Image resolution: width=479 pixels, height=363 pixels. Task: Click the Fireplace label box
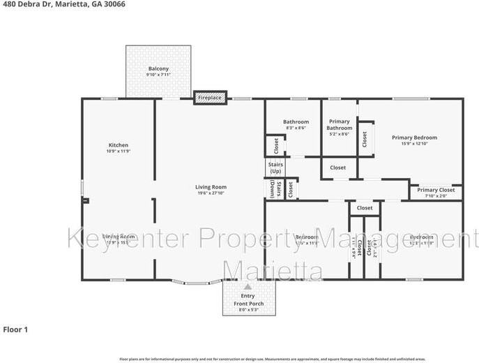pyautogui.click(x=209, y=98)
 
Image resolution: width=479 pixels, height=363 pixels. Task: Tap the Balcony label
pyautogui.click(x=158, y=68)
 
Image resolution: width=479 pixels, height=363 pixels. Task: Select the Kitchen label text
pyautogui.click(x=118, y=145)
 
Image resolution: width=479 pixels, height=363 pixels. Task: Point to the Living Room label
pyautogui.click(x=210, y=186)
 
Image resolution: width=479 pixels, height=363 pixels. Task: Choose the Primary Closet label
pyautogui.click(x=436, y=190)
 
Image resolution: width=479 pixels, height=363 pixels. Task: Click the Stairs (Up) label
pyautogui.click(x=275, y=168)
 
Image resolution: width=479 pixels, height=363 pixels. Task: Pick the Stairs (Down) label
pyautogui.click(x=273, y=189)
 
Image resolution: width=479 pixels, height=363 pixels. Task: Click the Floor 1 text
pyautogui.click(x=15, y=329)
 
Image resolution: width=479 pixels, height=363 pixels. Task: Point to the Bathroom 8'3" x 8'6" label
pyautogui.click(x=296, y=125)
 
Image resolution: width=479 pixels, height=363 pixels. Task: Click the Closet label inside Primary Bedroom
pyautogui.click(x=364, y=139)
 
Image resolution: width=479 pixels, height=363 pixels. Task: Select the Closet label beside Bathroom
pyautogui.click(x=276, y=146)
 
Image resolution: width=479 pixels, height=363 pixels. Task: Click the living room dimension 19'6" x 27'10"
pyautogui.click(x=210, y=194)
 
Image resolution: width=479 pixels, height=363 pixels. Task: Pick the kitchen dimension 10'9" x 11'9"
pyautogui.click(x=118, y=151)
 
